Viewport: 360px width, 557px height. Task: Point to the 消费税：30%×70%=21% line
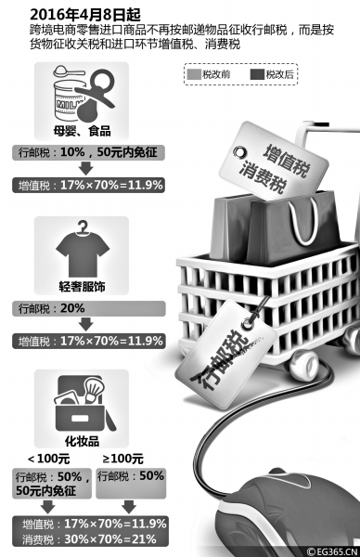[89, 539]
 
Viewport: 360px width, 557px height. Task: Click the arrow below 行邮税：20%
[84, 325]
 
